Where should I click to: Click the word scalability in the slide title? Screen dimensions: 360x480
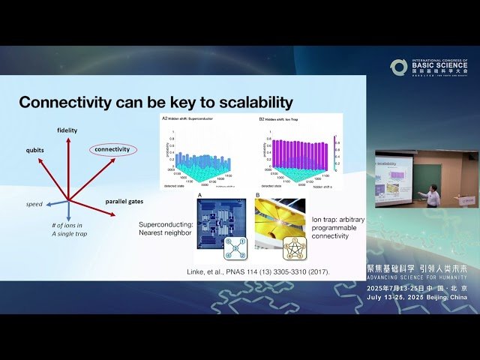tap(247, 102)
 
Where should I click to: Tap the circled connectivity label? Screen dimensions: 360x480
tap(112, 149)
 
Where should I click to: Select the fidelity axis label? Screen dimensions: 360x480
tap(67, 130)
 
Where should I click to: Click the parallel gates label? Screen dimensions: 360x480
tap(124, 201)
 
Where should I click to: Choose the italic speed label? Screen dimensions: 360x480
tap(34, 204)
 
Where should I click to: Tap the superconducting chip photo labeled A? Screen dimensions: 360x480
tap(220, 223)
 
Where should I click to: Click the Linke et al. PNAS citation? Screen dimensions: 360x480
tap(258, 271)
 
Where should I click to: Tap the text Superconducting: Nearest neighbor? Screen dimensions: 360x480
tap(165, 229)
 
